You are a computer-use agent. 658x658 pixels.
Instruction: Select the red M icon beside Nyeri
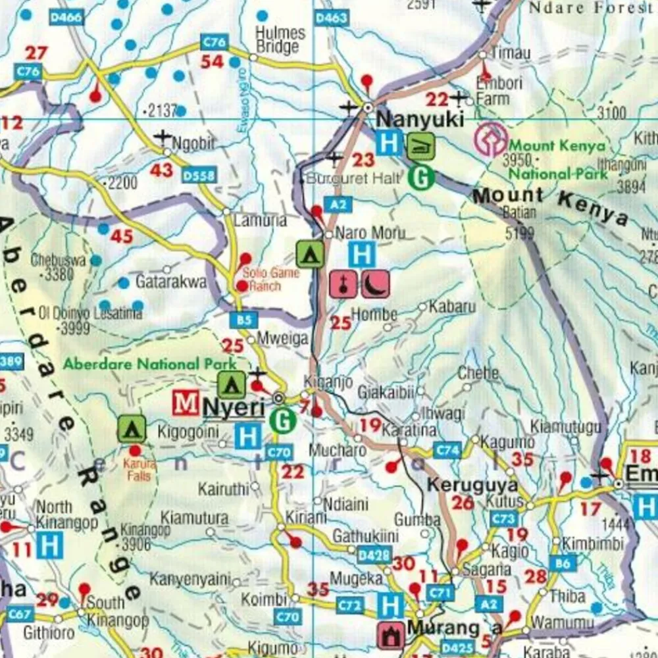click(x=186, y=403)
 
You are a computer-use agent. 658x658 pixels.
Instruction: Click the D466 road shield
click(x=66, y=18)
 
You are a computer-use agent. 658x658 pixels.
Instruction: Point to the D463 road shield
click(x=330, y=18)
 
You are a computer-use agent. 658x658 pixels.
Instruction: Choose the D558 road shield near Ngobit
click(x=199, y=174)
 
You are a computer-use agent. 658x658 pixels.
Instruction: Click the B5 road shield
click(x=244, y=320)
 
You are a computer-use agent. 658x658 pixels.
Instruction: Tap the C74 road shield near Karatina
click(x=447, y=450)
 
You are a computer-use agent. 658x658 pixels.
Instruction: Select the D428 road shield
click(x=374, y=555)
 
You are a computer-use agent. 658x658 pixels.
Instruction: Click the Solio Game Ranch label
click(x=261, y=280)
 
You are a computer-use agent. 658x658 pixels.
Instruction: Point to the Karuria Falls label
click(x=138, y=468)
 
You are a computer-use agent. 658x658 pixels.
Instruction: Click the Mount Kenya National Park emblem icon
click(x=492, y=139)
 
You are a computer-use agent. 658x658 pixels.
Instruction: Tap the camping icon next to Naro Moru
click(x=309, y=254)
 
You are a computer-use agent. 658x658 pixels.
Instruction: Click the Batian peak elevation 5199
click(x=519, y=232)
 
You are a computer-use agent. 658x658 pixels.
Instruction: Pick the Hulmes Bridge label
click(x=281, y=39)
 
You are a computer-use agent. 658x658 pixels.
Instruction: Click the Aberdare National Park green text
click(x=149, y=363)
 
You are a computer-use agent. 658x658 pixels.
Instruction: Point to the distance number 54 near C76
click(x=212, y=62)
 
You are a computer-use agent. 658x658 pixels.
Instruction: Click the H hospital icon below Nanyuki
click(x=389, y=142)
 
